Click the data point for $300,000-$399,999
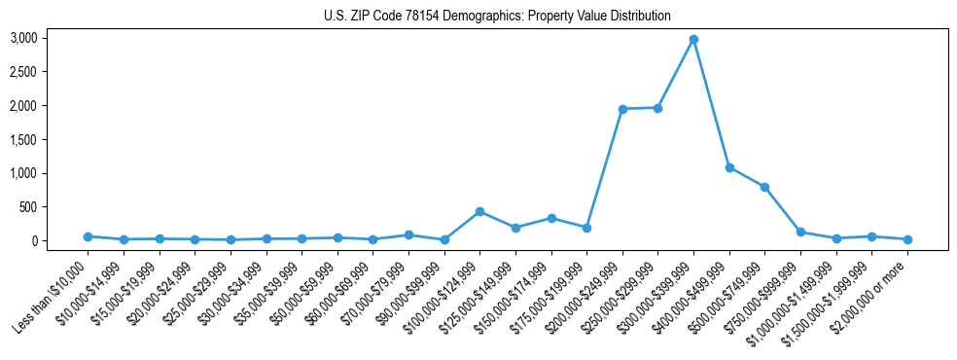(693, 40)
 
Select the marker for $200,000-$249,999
(622, 109)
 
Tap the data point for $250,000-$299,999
(657, 108)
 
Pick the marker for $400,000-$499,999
(729, 167)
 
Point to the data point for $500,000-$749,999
(764, 187)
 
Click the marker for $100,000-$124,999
(479, 211)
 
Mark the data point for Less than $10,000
(88, 236)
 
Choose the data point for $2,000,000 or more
(907, 239)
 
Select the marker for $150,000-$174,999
(551, 218)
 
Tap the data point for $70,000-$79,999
(408, 234)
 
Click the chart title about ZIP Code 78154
(497, 16)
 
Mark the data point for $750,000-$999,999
(800, 232)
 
